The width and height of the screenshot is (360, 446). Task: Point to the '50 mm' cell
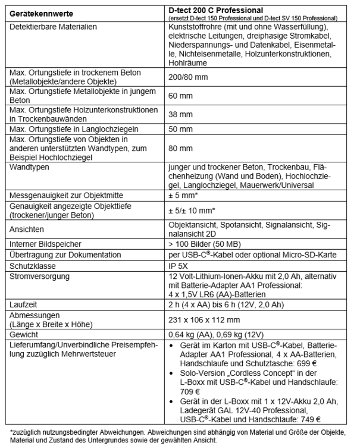pos(179,128)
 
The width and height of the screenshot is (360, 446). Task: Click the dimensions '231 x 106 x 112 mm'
pos(205,318)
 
